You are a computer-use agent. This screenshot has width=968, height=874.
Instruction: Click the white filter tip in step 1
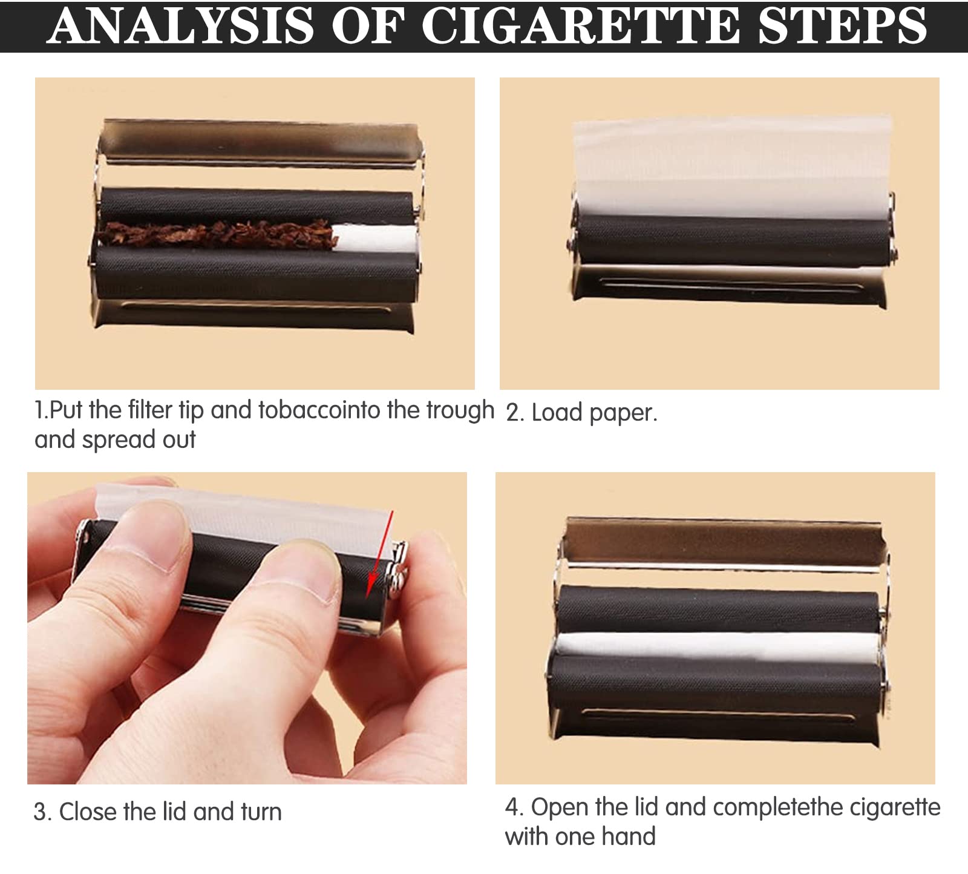point(376,238)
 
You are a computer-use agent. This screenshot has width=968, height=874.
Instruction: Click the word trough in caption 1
point(460,410)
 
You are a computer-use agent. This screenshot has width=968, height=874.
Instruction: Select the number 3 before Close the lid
point(39,812)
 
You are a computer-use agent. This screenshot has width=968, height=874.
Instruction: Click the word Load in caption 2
point(557,413)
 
